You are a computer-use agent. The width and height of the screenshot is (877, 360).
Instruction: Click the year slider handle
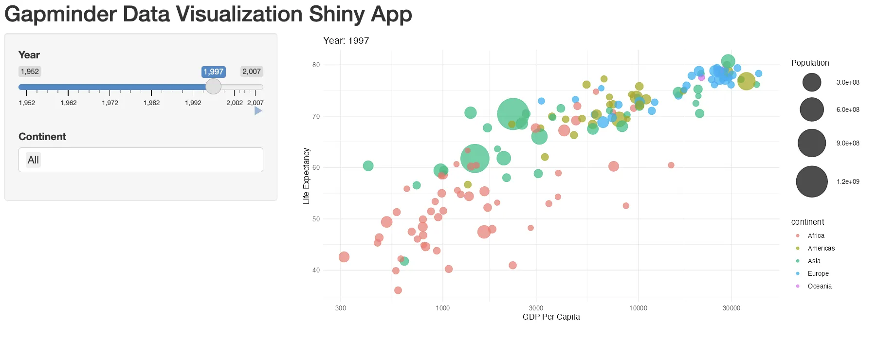point(213,87)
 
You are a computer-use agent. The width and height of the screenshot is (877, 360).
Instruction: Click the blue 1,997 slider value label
point(213,72)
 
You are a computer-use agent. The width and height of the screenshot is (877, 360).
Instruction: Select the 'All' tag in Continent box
point(33,160)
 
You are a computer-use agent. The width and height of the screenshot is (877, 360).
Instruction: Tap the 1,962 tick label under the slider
point(69,103)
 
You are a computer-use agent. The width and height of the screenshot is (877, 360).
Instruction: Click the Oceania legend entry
point(819,286)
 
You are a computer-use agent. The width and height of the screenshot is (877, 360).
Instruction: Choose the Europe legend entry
point(818,273)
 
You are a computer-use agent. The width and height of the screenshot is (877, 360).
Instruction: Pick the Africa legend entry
point(816,235)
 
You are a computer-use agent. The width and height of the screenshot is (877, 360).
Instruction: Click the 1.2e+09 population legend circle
point(811,181)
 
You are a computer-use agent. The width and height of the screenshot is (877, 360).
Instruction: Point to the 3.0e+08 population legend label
point(847,82)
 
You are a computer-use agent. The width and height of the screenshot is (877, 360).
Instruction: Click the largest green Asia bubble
point(513,114)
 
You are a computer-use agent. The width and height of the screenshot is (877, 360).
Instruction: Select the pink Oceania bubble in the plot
point(701,77)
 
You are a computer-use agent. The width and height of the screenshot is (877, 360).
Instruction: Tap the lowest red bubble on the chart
point(398,290)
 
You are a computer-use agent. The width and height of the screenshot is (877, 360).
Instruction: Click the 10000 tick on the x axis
point(638,308)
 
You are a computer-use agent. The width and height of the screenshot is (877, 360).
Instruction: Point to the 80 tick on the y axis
point(316,65)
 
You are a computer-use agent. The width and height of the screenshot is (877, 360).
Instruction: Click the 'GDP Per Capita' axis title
point(551,317)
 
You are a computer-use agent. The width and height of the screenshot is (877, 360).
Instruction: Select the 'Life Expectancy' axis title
point(306,176)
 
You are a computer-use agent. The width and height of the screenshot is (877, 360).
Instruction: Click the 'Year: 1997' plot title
point(346,41)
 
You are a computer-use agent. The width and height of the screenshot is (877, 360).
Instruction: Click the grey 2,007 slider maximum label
point(252,72)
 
